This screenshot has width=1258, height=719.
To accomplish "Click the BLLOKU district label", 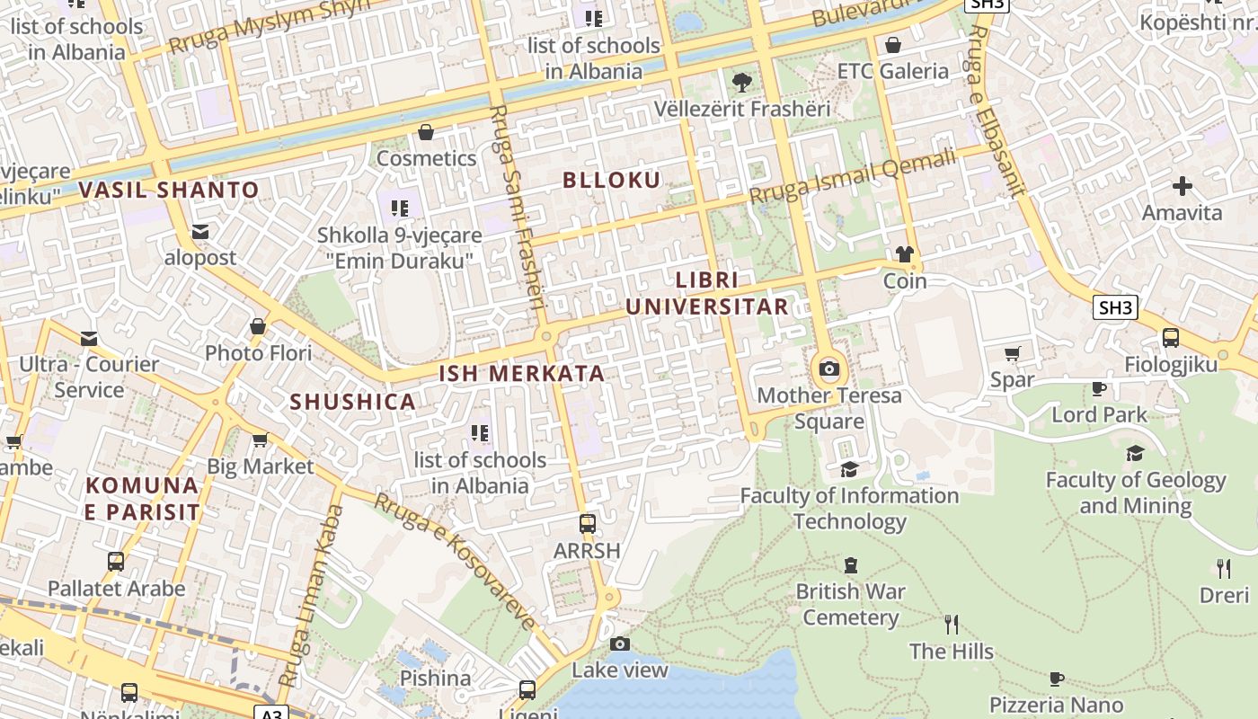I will click(x=611, y=180).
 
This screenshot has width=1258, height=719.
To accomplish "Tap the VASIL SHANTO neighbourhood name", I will click(x=168, y=191).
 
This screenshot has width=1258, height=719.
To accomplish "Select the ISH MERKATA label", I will click(x=521, y=374).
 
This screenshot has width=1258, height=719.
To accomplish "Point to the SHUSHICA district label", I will click(x=352, y=402).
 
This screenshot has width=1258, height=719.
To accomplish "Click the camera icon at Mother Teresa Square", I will click(x=829, y=368).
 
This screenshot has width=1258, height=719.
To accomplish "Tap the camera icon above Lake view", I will click(x=620, y=644).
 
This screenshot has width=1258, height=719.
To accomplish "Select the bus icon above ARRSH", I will click(x=588, y=523).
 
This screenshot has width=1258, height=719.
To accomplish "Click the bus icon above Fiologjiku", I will click(x=1171, y=338).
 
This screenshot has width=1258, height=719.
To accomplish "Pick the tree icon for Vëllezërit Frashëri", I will click(x=742, y=83).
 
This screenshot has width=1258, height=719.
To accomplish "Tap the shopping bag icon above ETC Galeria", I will click(x=893, y=45).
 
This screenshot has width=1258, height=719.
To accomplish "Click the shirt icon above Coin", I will click(x=904, y=254).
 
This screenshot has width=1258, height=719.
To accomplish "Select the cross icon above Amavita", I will click(x=1183, y=186).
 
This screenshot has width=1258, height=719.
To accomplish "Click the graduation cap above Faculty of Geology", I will click(x=1136, y=453).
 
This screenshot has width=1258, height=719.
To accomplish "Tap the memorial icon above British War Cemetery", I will click(x=850, y=565).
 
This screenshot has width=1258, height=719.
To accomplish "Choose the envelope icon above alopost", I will click(x=200, y=232).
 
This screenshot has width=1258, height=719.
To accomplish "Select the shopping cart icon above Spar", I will click(x=1013, y=353).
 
